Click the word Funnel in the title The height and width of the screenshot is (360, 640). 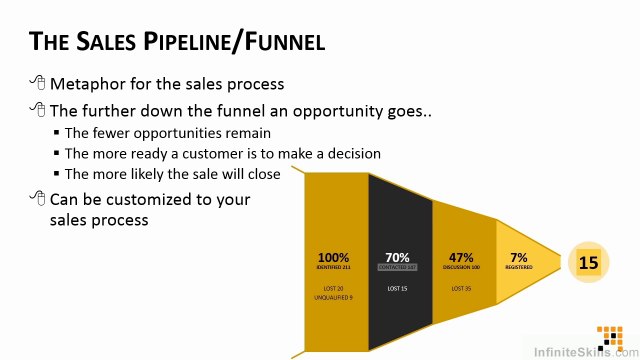(x=280, y=42)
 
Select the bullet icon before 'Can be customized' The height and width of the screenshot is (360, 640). (x=38, y=198)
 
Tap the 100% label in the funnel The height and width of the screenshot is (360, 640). (x=334, y=257)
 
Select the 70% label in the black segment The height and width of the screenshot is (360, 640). (x=397, y=257)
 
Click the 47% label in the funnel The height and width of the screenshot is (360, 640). (x=461, y=257)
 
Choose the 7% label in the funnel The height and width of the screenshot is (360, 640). (x=518, y=257)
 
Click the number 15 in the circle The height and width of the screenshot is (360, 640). (x=588, y=263)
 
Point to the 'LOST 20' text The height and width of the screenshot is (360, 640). (x=334, y=288)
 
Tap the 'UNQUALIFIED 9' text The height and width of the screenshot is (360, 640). (x=334, y=298)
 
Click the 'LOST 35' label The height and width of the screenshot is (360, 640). (x=461, y=288)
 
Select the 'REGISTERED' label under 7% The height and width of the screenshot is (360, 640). (x=518, y=268)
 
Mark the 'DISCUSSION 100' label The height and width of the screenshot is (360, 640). (x=461, y=268)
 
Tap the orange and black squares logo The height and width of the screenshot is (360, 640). (x=609, y=335)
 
